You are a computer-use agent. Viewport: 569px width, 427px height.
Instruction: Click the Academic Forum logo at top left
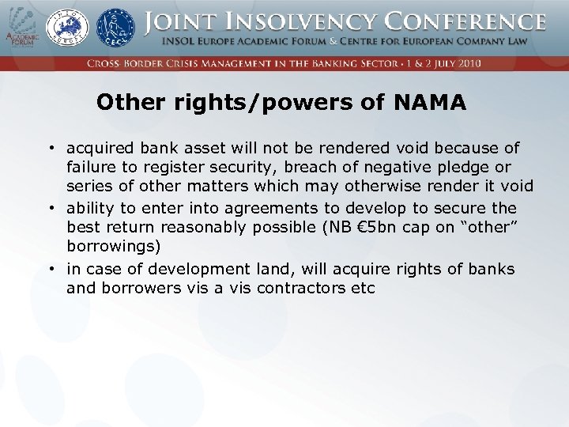22,28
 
